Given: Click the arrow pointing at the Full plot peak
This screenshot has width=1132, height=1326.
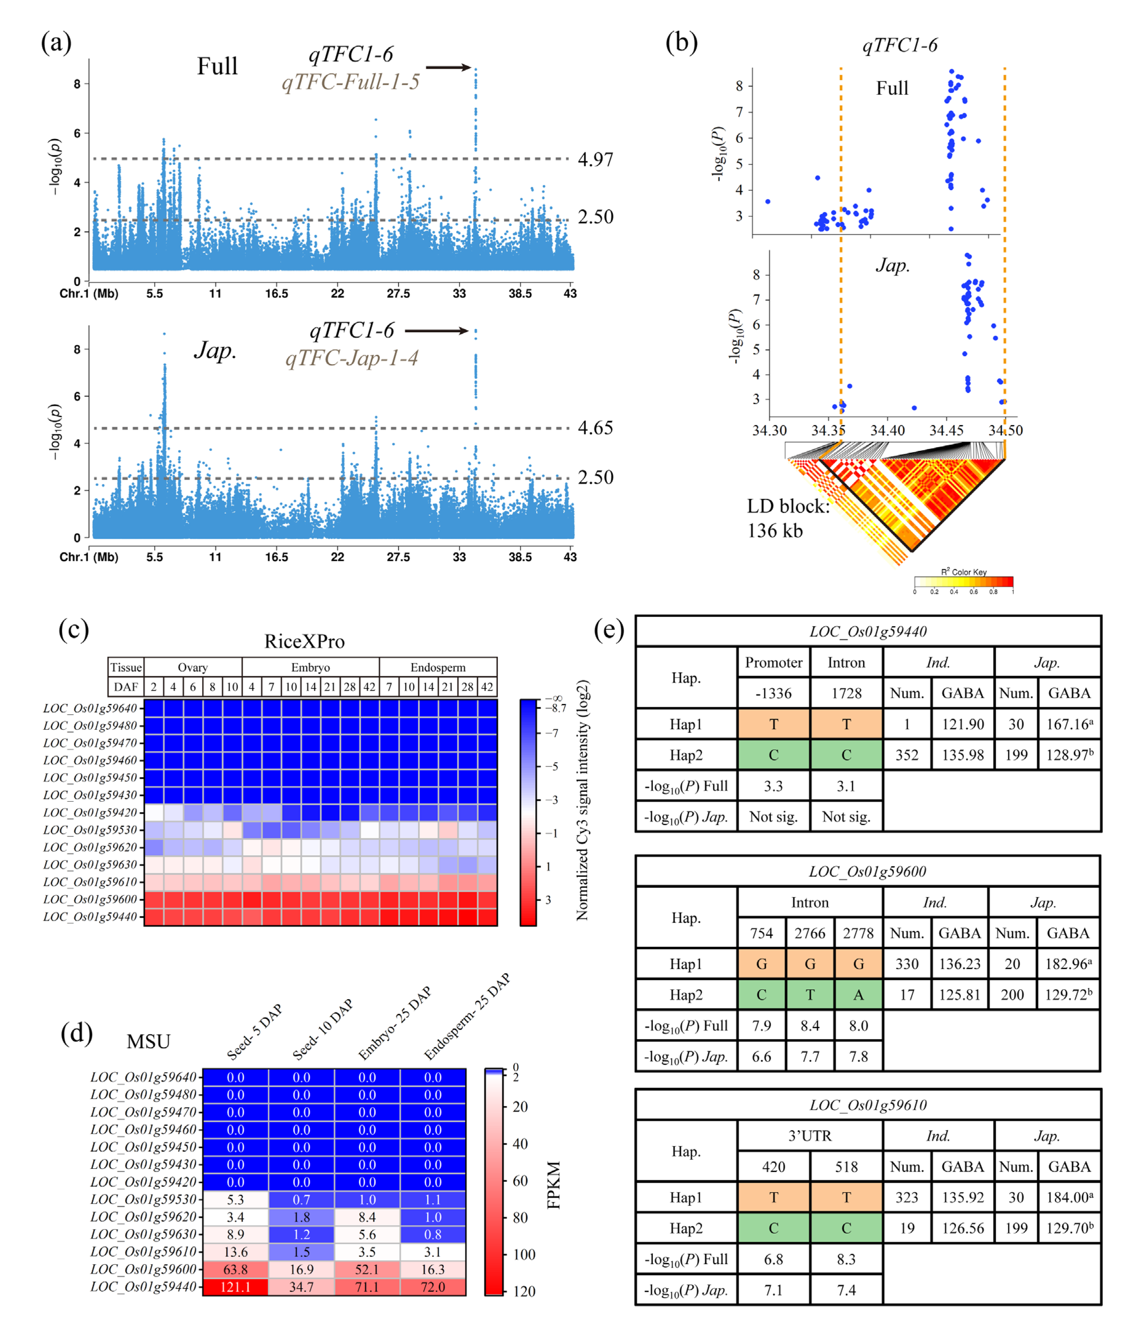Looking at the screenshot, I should pos(448,67).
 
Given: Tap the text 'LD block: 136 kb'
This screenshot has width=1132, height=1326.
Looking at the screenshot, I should pos(788,518).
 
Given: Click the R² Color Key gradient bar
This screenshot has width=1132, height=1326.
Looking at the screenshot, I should pos(963,582).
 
